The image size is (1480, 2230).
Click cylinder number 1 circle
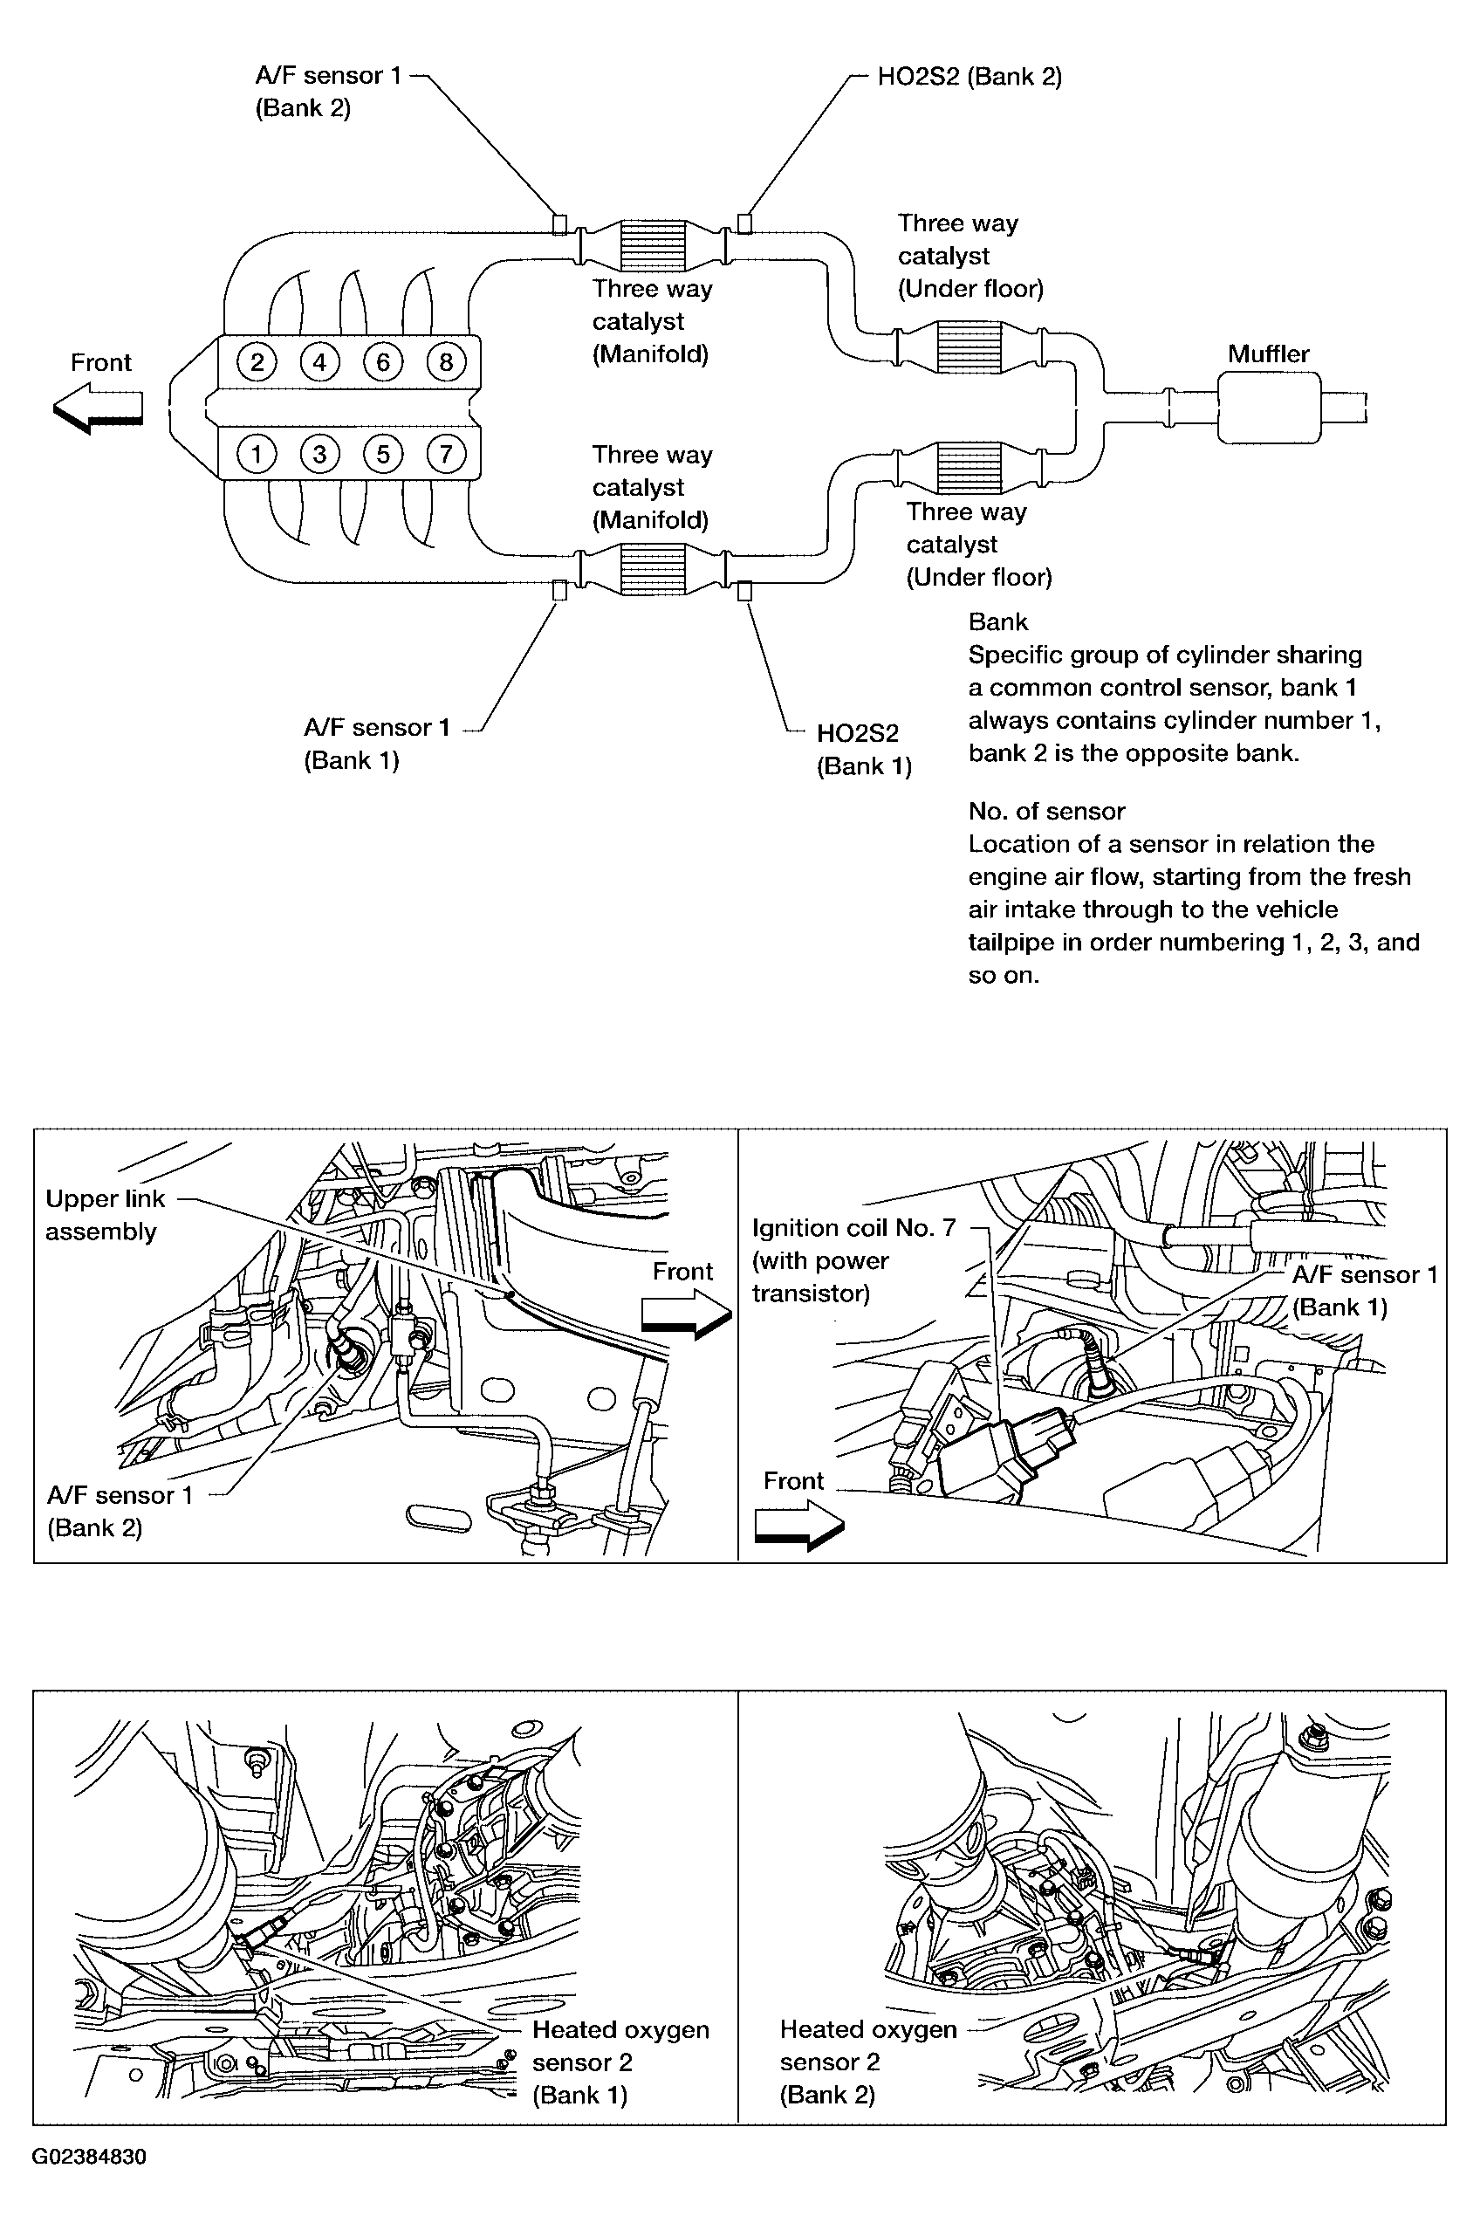pyautogui.click(x=256, y=454)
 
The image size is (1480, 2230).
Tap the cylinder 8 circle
pyautogui.click(x=446, y=361)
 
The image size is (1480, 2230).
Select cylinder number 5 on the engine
pyautogui.click(x=382, y=454)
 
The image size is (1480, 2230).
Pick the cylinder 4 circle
pyautogui.click(x=320, y=361)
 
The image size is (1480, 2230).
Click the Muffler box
pyautogui.click(x=1269, y=407)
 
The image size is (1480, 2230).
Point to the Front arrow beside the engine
pyautogui.click(x=98, y=408)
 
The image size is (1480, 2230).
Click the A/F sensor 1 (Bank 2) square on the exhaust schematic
pyautogui.click(x=558, y=223)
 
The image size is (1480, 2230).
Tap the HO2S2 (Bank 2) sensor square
pyautogui.click(x=744, y=223)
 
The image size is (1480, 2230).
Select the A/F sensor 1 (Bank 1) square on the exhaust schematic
pyautogui.click(x=558, y=591)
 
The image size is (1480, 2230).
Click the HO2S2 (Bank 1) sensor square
pyautogui.click(x=744, y=591)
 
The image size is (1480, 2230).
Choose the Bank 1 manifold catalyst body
pyautogui.click(x=651, y=569)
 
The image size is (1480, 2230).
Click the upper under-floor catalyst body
pyautogui.click(x=969, y=347)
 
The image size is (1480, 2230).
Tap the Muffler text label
pyautogui.click(x=1268, y=354)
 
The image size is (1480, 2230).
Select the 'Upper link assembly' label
pyautogui.click(x=105, y=1214)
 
